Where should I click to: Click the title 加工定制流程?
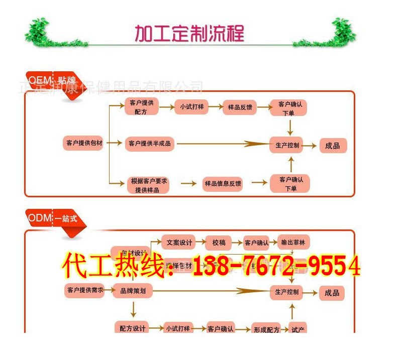coord(189,33)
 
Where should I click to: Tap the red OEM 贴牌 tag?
coord(53,82)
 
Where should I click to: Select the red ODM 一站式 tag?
coord(53,218)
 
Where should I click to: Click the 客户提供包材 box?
coord(84,143)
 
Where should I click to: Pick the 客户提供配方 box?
coord(141,107)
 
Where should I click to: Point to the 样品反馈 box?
coord(240,107)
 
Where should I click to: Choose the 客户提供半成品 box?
coord(149,144)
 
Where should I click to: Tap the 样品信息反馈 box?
coord(223,184)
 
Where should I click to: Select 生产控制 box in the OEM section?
coord(288,145)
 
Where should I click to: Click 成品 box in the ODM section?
coord(332,293)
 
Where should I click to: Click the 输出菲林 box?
coord(295,243)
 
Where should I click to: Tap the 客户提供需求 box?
coord(84,290)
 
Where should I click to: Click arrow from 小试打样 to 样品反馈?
coord(215,107)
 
